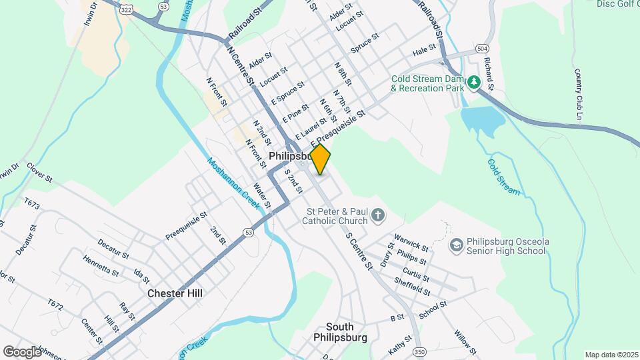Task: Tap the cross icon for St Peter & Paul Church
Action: [x=378, y=215]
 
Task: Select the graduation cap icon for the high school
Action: [x=456, y=245]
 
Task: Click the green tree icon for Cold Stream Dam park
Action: [x=474, y=83]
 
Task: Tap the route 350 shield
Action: [x=419, y=351]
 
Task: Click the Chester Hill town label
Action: [x=175, y=293]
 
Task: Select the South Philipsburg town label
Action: [x=340, y=332]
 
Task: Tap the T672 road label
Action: [x=55, y=306]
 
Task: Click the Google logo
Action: [x=21, y=351]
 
